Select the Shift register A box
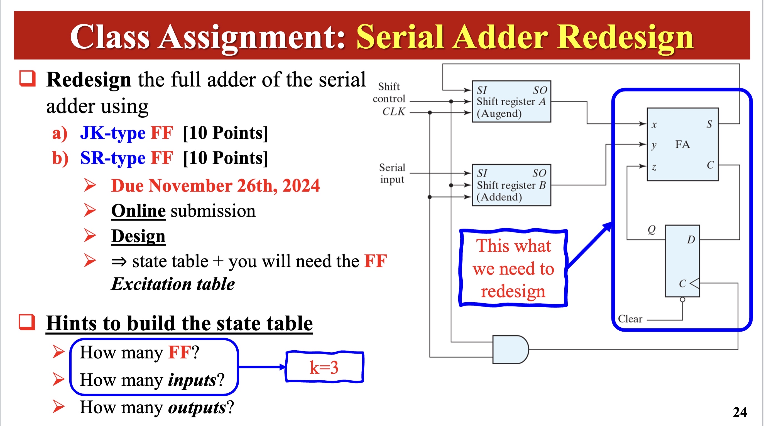(511, 101)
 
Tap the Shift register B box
(511, 185)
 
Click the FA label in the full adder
(682, 144)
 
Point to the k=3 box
(324, 367)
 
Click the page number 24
(740, 412)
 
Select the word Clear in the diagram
(630, 319)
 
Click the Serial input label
(392, 173)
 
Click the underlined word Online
(138, 211)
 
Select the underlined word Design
(138, 236)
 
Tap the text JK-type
(113, 133)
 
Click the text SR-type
(113, 158)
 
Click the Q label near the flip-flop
(652, 229)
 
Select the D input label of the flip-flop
(691, 239)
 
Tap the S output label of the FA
(709, 124)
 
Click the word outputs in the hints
(197, 407)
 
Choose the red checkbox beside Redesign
(27, 78)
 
